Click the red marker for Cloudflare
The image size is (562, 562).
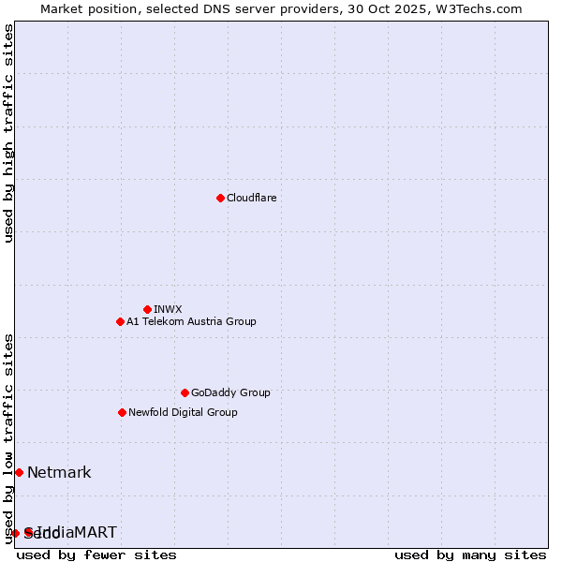pyautogui.click(x=220, y=198)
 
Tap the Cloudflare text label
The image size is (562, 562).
pyautogui.click(x=251, y=198)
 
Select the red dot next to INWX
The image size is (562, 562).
pyautogui.click(x=147, y=309)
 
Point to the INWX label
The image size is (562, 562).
pyautogui.click(x=168, y=309)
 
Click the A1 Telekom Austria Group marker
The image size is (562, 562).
pyautogui.click(x=120, y=321)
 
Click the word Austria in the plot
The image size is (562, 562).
pyautogui.click(x=202, y=321)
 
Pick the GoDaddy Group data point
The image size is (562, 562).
pyautogui.click(x=185, y=392)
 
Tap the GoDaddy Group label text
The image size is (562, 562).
pyautogui.click(x=229, y=392)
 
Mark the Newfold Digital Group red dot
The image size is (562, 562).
pyautogui.click(x=122, y=412)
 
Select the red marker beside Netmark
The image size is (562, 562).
pyautogui.click(x=19, y=472)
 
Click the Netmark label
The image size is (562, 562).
pyautogui.click(x=59, y=472)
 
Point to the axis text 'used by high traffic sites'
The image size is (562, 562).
pyautogui.click(x=9, y=133)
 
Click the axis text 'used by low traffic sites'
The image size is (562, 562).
pyautogui.click(x=9, y=438)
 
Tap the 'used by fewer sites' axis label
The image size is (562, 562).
pyautogui.click(x=96, y=555)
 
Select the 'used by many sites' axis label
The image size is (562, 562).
pyautogui.click(x=470, y=555)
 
